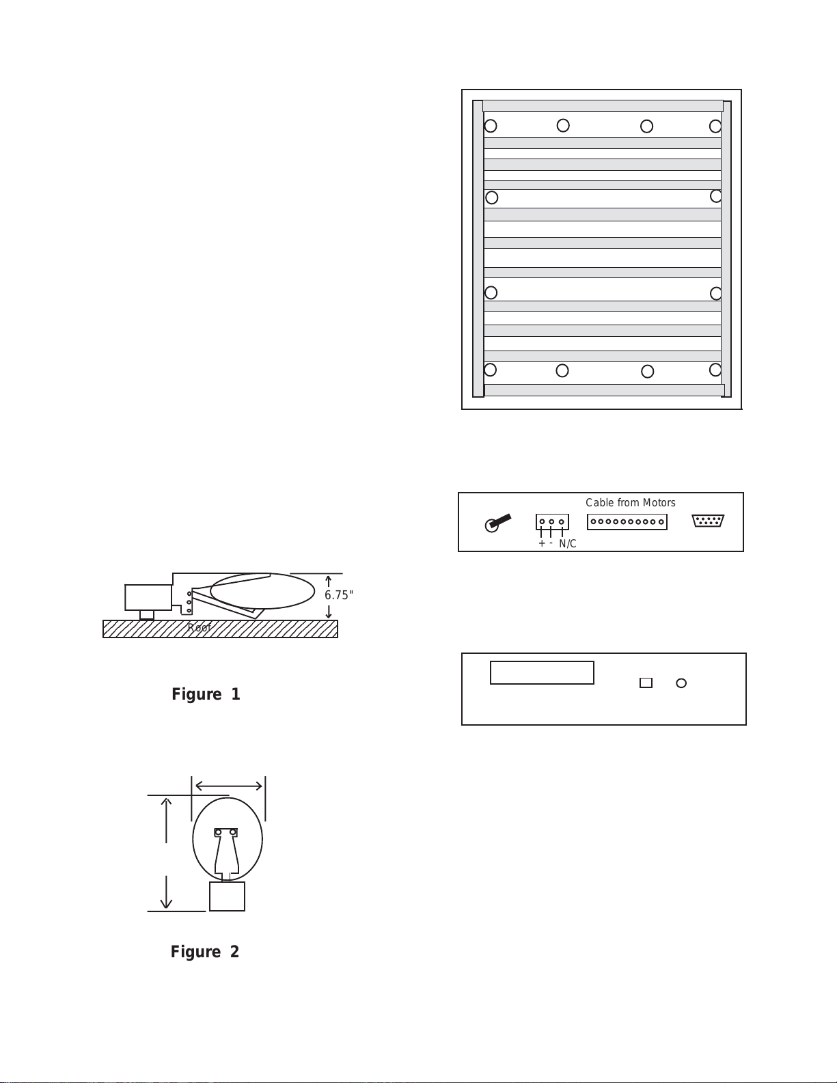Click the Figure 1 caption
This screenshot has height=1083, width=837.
pyautogui.click(x=206, y=694)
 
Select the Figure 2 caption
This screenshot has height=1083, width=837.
pyautogui.click(x=205, y=952)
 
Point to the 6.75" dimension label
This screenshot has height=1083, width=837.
pyautogui.click(x=338, y=595)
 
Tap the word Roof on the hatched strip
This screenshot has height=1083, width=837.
pyautogui.click(x=199, y=628)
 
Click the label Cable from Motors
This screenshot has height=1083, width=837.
pyautogui.click(x=630, y=503)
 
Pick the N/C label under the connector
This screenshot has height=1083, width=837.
pyautogui.click(x=567, y=544)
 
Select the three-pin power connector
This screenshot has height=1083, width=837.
pyautogui.click(x=552, y=522)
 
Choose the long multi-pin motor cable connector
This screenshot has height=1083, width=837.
pyautogui.click(x=627, y=522)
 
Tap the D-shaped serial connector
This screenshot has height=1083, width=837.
pyautogui.click(x=708, y=521)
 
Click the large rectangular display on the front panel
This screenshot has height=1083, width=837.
pyautogui.click(x=542, y=672)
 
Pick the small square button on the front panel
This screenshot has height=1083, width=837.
pyautogui.click(x=646, y=683)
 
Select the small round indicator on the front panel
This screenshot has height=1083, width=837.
pyautogui.click(x=681, y=683)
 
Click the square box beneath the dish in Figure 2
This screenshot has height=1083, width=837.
pyautogui.click(x=227, y=896)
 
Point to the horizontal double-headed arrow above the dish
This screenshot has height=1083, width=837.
pyautogui.click(x=228, y=786)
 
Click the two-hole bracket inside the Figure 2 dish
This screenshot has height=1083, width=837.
pyautogui.click(x=225, y=832)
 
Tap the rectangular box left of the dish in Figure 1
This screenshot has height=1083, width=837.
pyautogui.click(x=148, y=597)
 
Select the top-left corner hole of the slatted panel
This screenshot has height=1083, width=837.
pyautogui.click(x=491, y=126)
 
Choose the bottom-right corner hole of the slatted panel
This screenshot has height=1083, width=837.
pyautogui.click(x=715, y=370)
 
